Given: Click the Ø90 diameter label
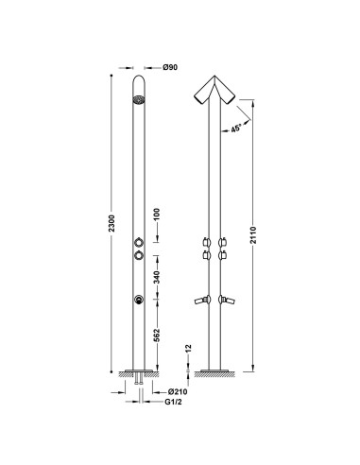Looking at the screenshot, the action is (x=170, y=67).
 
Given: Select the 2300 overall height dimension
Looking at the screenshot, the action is (x=111, y=223).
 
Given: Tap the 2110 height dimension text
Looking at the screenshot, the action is (x=253, y=235).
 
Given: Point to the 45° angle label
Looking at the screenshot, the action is (x=235, y=129).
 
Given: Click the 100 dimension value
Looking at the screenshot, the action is (x=157, y=214).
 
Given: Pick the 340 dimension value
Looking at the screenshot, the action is (x=157, y=277).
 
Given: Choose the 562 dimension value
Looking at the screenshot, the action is (x=157, y=335).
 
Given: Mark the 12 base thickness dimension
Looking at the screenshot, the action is (x=188, y=348).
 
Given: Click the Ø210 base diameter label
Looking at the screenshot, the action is (x=178, y=391).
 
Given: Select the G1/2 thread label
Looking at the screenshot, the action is (x=173, y=402).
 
